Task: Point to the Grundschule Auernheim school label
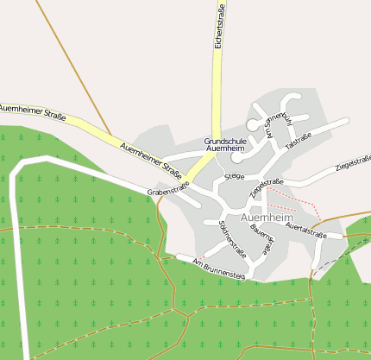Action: [224, 144]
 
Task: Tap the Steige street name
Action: [234, 176]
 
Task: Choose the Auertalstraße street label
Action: [307, 230]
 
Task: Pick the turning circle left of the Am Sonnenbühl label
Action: [253, 125]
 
